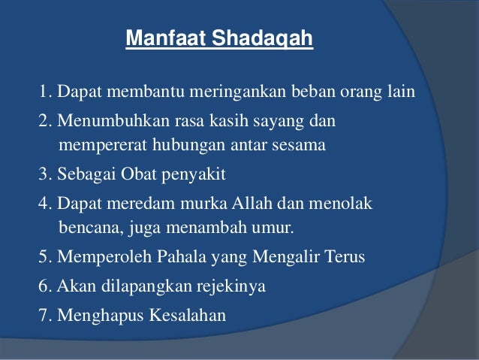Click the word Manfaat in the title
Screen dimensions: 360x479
pyautogui.click(x=155, y=38)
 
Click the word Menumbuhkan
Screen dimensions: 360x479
pyautogui.click(x=101, y=120)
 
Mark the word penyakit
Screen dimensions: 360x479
pyautogui.click(x=197, y=174)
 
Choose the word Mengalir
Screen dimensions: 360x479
pyautogui.click(x=283, y=257)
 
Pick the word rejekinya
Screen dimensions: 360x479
pyautogui.click(x=232, y=286)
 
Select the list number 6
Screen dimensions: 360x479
pyautogui.click(x=44, y=286)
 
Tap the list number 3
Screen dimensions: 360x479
pyautogui.click(x=44, y=174)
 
